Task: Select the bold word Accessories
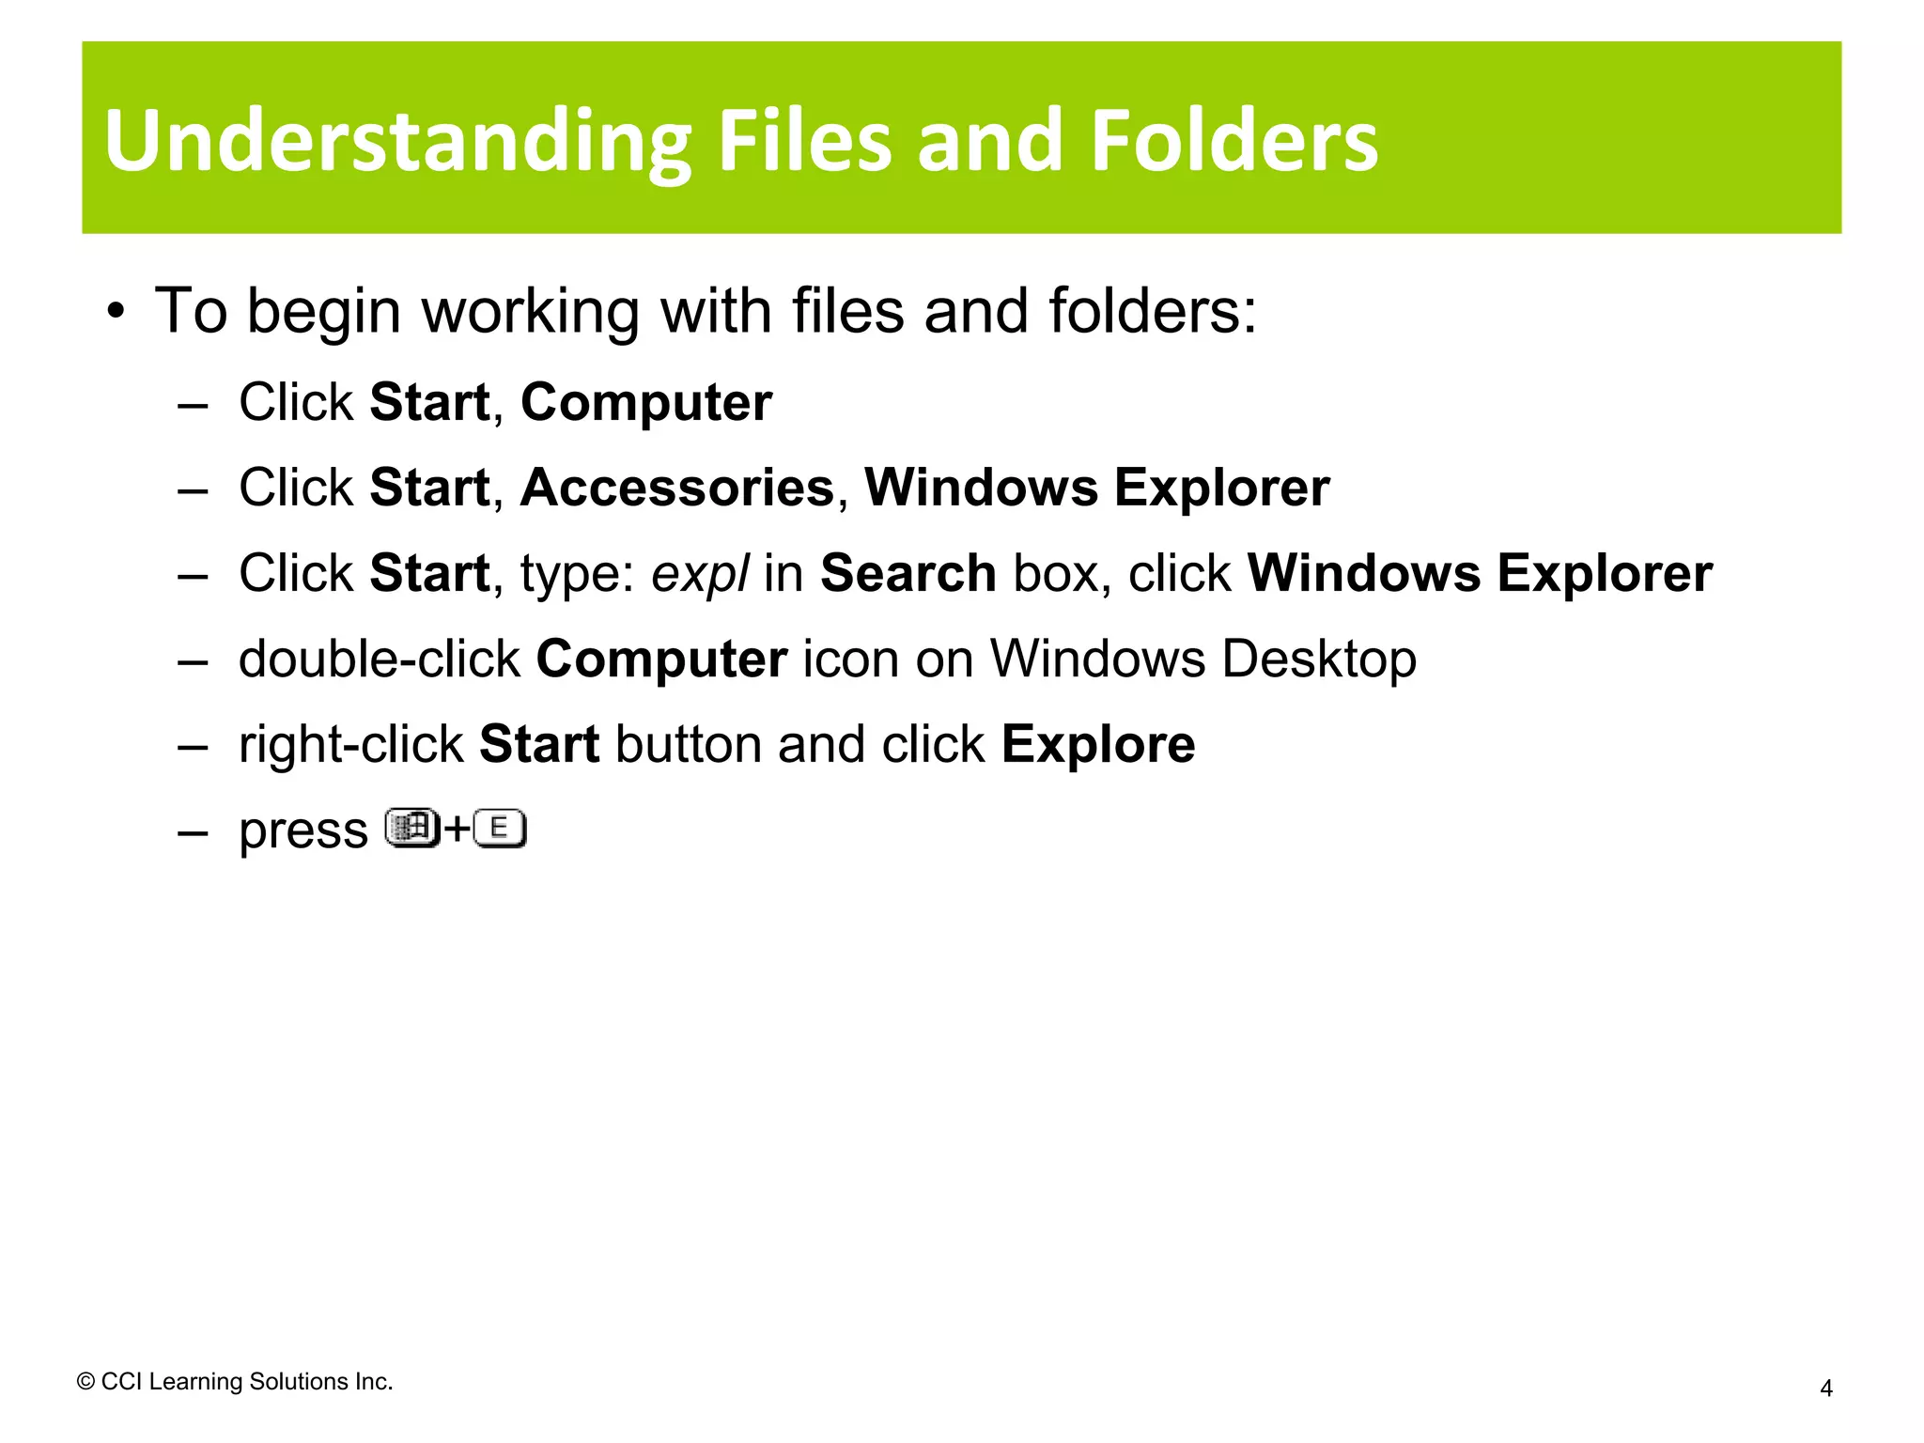coord(677,488)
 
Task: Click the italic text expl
coord(700,574)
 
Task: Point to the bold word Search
coord(908,573)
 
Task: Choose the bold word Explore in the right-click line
coord(1098,745)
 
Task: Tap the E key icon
coord(500,829)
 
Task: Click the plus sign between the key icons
coord(457,830)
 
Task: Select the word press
coord(303,831)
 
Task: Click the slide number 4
coord(1825,1388)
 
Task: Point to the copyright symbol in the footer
coord(85,1381)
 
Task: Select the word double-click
coord(379,659)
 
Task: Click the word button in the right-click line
coord(688,745)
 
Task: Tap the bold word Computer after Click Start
coord(646,402)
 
